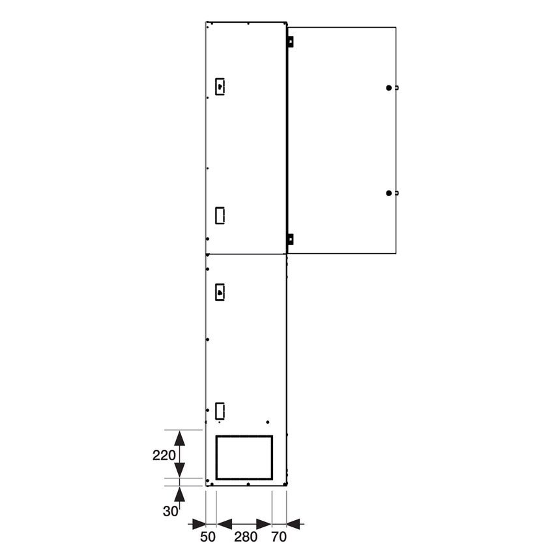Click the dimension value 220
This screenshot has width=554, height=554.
[x=164, y=455]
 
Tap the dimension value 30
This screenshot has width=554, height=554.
[x=170, y=512]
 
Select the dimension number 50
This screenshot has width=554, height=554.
[x=207, y=537]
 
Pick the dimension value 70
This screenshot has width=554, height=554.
[x=279, y=537]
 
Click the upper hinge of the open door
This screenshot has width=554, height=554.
[x=290, y=41]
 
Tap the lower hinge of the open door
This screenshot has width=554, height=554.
[x=290, y=239]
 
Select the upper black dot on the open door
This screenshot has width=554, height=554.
[x=389, y=87]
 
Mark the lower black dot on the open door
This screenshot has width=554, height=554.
[x=389, y=193]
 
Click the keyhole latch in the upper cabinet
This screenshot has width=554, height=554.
[x=220, y=87]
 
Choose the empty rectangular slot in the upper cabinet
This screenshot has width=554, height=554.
[x=220, y=214]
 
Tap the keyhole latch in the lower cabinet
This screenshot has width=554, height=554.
[x=220, y=293]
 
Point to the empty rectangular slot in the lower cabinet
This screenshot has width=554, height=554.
[x=220, y=410]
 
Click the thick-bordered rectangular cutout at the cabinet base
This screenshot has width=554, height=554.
[x=244, y=458]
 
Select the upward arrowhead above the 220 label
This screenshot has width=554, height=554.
[x=179, y=438]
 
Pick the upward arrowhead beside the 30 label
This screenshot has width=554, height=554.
[x=179, y=494]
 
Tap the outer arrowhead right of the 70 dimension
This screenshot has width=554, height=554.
[x=294, y=523]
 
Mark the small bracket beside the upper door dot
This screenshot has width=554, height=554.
[x=396, y=87]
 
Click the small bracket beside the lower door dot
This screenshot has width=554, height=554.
[x=396, y=193]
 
